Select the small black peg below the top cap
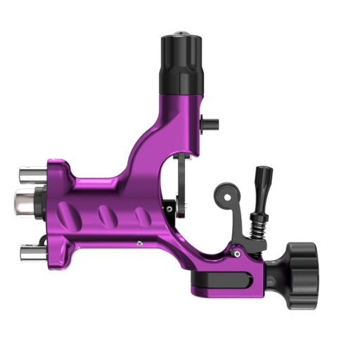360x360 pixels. (209, 124)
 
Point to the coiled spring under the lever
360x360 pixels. (257, 224)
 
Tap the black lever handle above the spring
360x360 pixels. (264, 186)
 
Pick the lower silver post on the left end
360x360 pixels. (32, 251)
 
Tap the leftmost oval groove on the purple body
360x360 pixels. (67, 212)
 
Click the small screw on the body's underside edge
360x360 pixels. (140, 243)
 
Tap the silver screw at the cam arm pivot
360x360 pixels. (238, 253)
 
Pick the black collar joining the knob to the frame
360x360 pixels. (274, 271)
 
